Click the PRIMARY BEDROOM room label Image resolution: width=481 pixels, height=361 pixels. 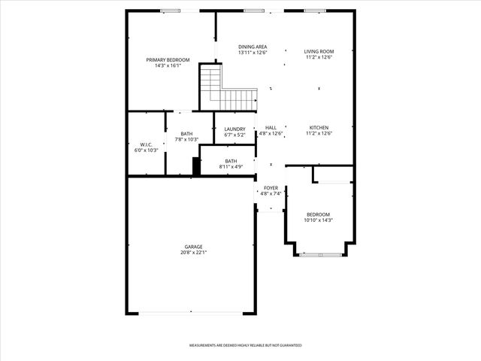click(168, 59)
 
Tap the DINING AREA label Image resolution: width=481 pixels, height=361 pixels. click(253, 47)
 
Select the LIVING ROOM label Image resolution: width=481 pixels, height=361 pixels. click(319, 52)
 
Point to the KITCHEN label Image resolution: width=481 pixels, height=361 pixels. click(319, 128)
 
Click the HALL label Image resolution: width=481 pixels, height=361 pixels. click(271, 128)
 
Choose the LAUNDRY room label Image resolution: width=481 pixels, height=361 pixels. click(234, 129)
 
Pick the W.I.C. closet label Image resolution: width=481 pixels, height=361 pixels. click(146, 144)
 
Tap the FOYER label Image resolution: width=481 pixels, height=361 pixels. click(271, 188)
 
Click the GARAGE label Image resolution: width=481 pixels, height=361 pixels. click(194, 247)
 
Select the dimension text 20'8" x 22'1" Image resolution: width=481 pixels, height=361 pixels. click(194, 253)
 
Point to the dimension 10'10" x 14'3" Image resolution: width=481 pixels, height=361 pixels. click(318, 220)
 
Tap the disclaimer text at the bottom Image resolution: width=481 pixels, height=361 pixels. click(245, 344)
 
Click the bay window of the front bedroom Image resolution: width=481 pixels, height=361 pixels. click(319, 255)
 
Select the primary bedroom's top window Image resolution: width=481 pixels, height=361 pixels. click(171, 11)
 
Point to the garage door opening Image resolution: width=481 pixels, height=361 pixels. click(191, 312)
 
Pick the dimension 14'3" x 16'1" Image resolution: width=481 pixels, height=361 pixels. click(168, 65)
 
